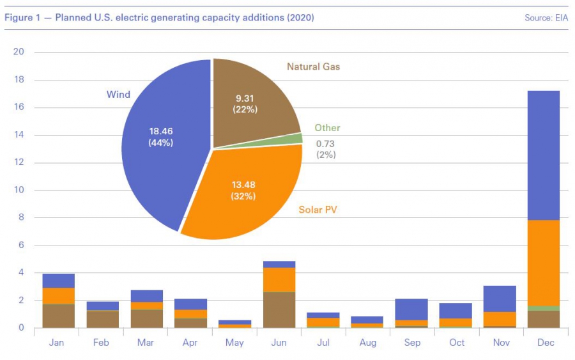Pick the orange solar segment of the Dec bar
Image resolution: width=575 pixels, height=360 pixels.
(x=541, y=263)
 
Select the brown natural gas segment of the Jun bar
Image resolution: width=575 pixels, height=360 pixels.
(x=279, y=309)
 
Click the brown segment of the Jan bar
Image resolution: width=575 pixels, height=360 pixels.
(x=58, y=316)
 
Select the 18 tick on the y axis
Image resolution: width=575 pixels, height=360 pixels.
(x=19, y=80)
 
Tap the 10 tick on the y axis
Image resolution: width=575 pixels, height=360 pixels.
(x=19, y=190)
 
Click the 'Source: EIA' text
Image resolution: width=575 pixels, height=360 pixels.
(x=546, y=18)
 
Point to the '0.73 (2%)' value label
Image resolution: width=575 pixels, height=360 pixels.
(x=326, y=150)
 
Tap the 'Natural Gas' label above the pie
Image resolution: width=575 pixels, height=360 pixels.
(x=313, y=67)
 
